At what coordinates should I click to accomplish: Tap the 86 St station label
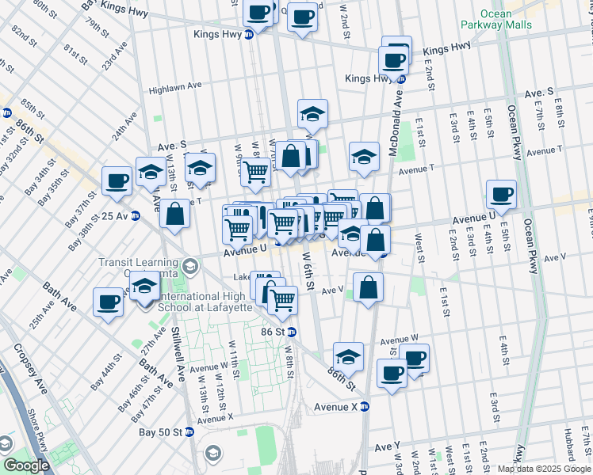tap(274, 332)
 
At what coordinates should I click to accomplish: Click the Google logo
tap(26, 466)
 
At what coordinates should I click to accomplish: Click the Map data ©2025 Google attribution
tap(544, 469)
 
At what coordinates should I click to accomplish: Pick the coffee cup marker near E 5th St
tap(501, 194)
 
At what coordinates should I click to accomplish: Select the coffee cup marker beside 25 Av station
tap(117, 181)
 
